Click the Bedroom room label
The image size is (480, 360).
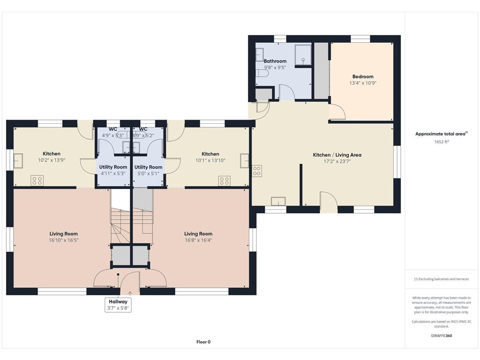click(x=363, y=76)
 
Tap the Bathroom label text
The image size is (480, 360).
click(x=275, y=61)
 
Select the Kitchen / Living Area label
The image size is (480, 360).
click(x=337, y=155)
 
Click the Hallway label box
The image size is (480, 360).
click(x=118, y=305)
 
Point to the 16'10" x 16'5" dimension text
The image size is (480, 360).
click(x=64, y=240)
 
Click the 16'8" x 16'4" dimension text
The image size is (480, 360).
click(x=198, y=240)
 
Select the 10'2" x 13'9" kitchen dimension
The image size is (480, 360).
click(x=52, y=160)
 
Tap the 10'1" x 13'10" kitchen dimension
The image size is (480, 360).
click(x=210, y=160)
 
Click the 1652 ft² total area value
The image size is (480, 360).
click(x=441, y=142)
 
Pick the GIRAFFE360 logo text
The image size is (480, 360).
click(x=442, y=336)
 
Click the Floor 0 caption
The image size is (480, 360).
click(x=203, y=342)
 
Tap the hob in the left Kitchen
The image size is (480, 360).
click(x=37, y=180)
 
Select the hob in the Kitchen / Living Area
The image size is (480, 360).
click(x=257, y=171)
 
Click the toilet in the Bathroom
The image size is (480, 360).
click(x=262, y=74)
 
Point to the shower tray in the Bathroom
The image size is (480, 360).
click(x=303, y=55)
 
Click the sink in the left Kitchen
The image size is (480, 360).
click(x=18, y=161)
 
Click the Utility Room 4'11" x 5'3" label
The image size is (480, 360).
click(x=113, y=170)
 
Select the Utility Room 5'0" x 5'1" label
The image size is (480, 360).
click(x=148, y=170)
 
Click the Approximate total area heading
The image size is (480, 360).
click(x=442, y=134)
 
